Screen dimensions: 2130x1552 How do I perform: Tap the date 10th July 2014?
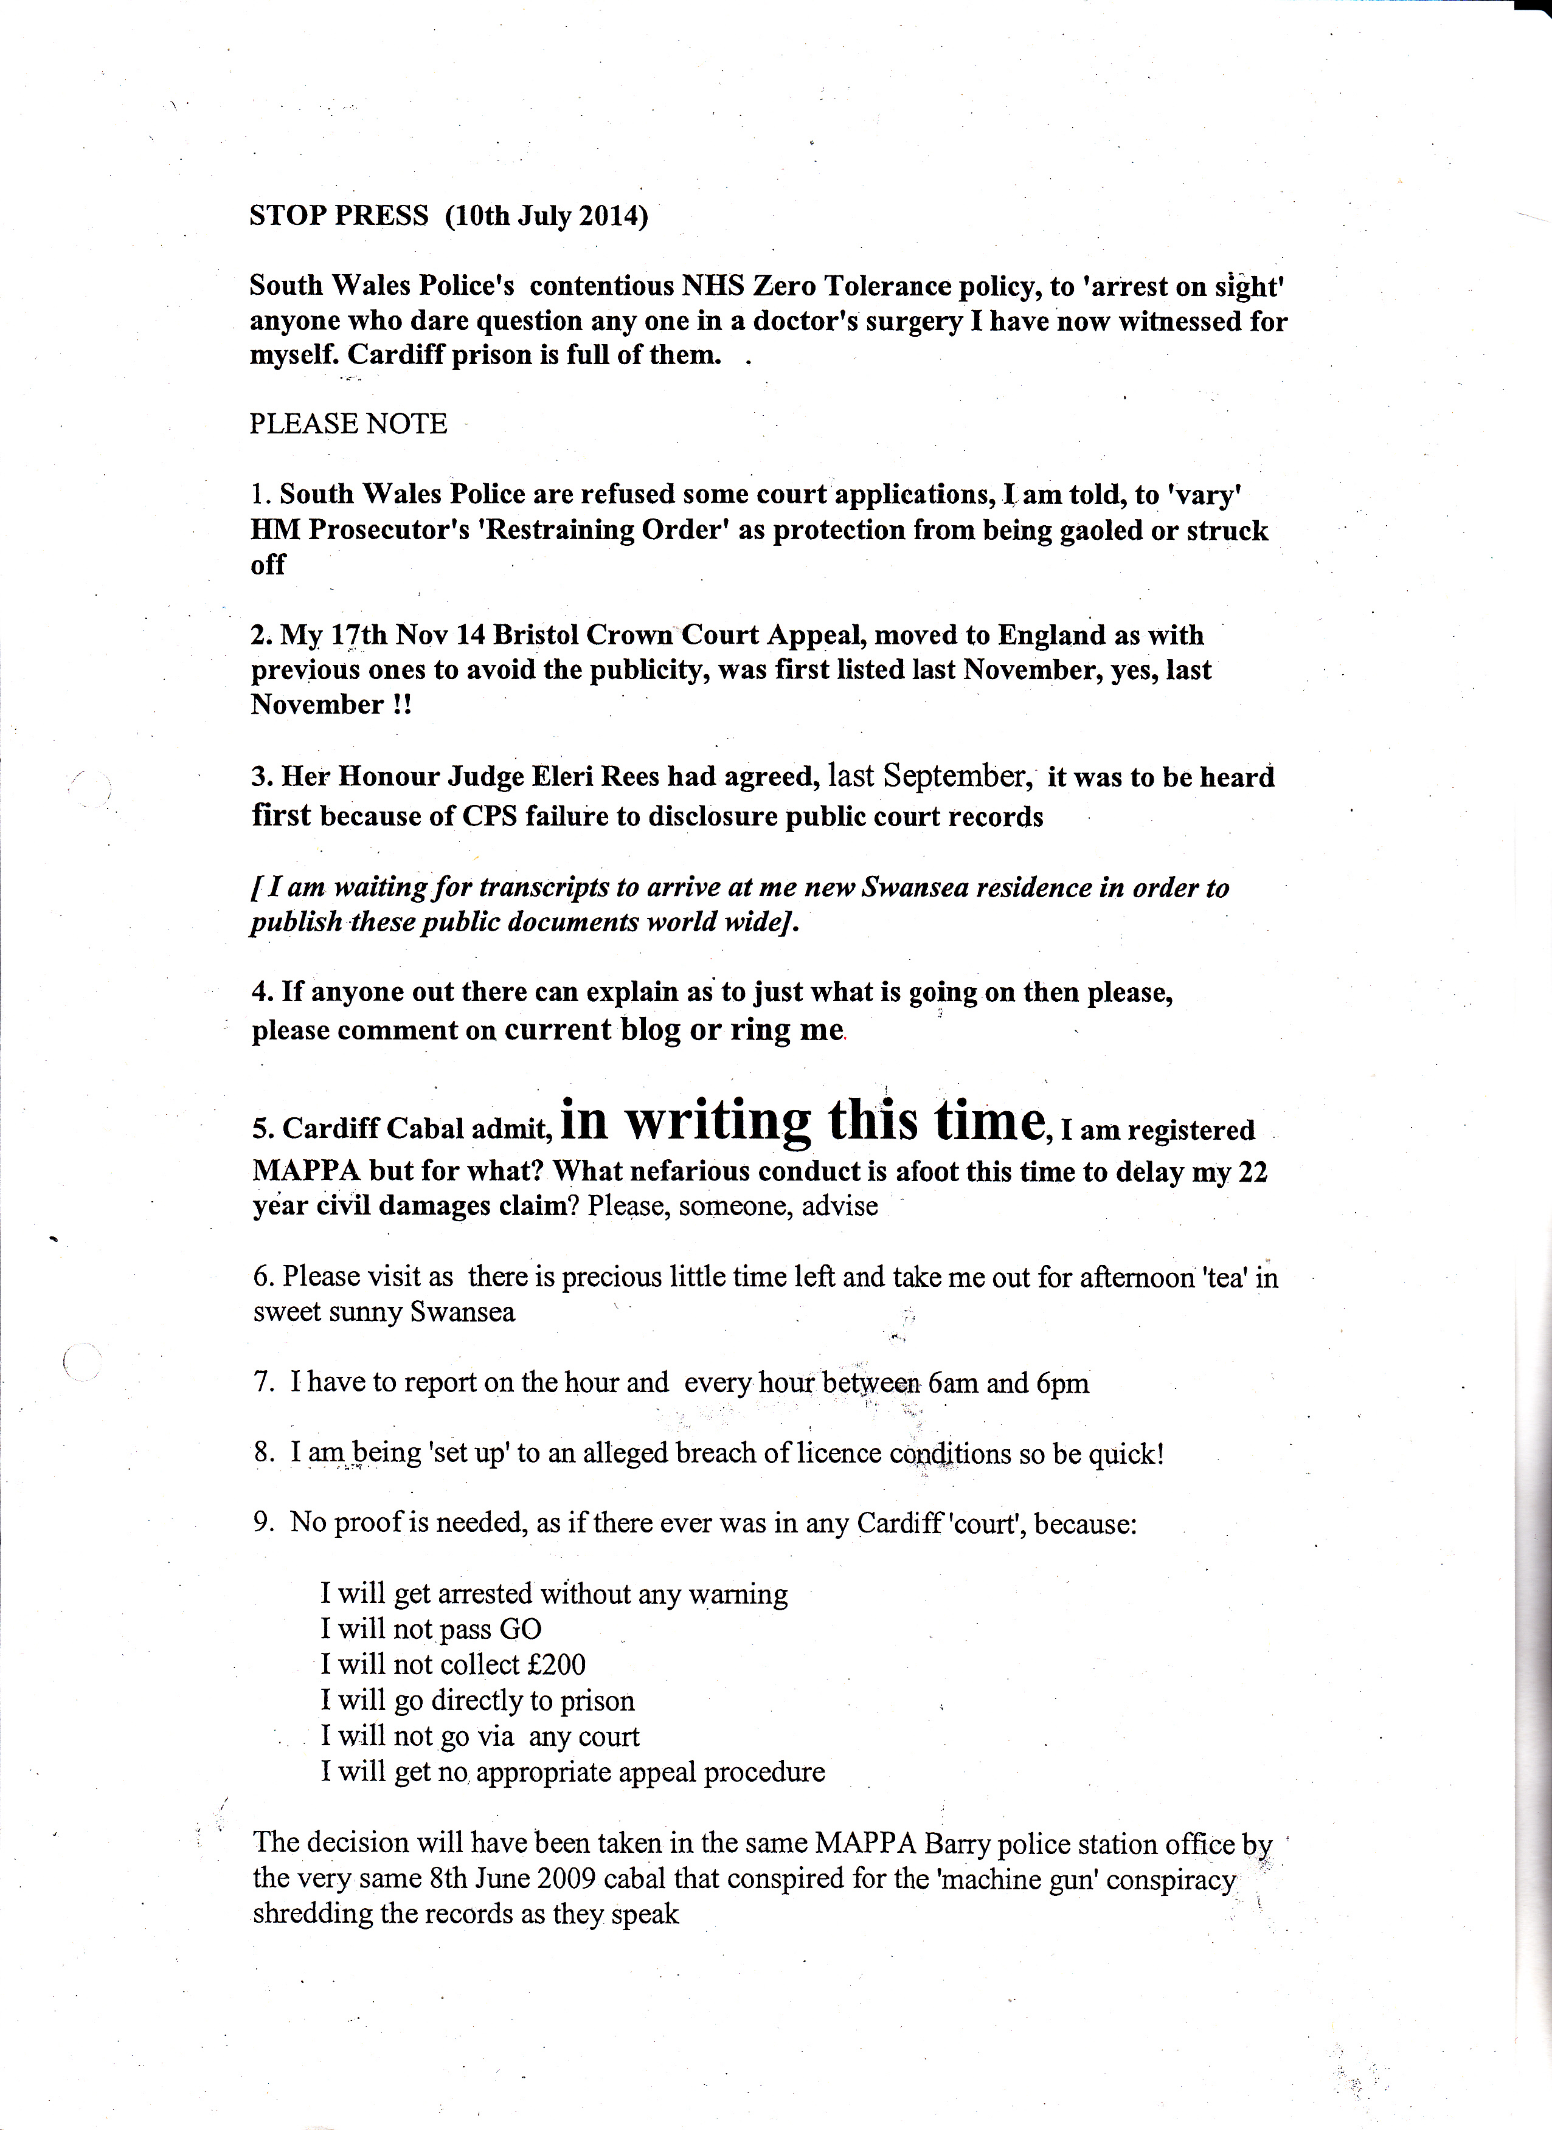point(547,216)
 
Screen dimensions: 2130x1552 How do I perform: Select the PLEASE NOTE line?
point(348,424)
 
